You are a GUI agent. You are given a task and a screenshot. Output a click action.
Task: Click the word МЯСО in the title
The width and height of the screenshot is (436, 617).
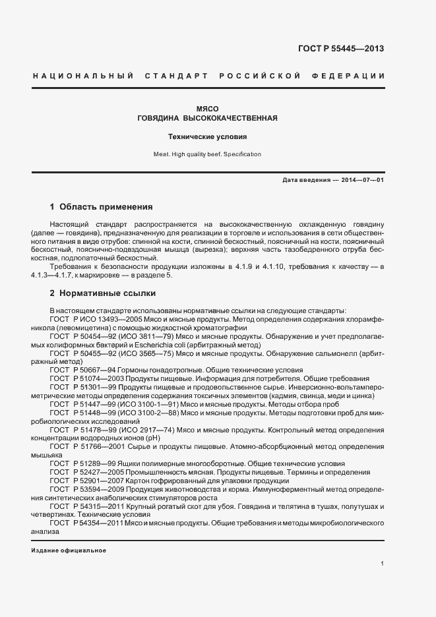[208, 108]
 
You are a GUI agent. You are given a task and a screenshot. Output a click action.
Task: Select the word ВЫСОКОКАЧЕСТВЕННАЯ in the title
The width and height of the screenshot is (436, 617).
[234, 119]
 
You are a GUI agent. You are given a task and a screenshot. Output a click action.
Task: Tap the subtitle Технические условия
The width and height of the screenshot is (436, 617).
[208, 137]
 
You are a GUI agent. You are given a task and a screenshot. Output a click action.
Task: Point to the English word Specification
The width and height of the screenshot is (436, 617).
[243, 154]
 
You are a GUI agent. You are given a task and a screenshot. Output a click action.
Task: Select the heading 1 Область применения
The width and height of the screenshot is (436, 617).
[101, 206]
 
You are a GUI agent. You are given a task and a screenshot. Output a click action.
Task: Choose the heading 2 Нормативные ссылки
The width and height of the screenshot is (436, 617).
[103, 292]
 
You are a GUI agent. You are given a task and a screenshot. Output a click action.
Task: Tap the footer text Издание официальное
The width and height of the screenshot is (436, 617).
[69, 550]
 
